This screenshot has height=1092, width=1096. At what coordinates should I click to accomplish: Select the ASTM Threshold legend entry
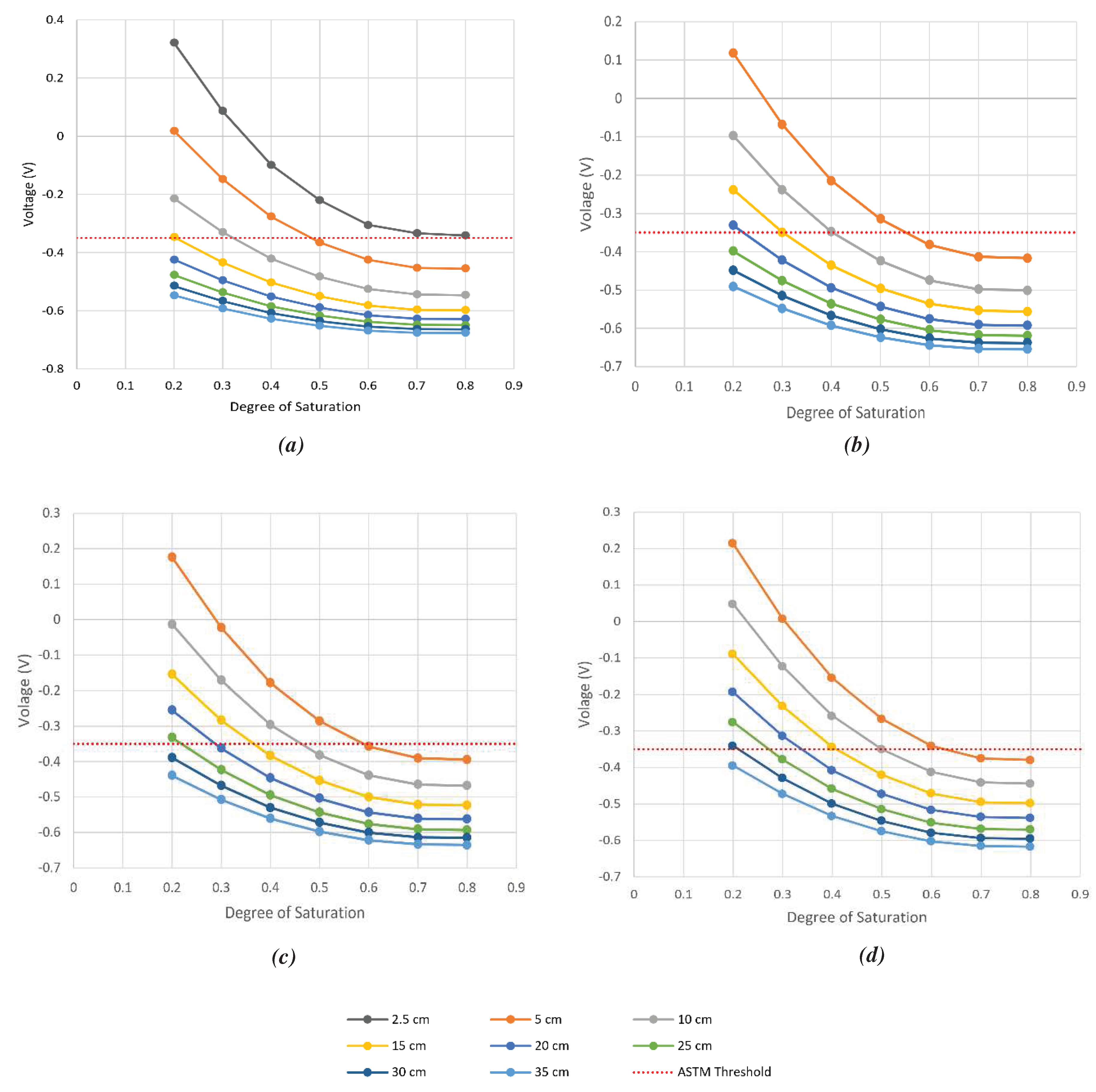[702, 1072]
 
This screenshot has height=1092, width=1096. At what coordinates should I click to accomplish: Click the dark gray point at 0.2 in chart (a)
[174, 43]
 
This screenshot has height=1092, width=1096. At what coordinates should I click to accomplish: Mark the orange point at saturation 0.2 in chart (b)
[733, 53]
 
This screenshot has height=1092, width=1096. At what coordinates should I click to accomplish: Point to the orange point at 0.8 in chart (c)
[467, 759]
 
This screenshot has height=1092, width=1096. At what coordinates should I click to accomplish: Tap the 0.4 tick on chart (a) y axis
[55, 20]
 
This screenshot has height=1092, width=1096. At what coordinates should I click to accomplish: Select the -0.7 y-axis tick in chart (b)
[611, 367]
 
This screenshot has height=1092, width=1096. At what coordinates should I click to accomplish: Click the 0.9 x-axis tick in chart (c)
[516, 887]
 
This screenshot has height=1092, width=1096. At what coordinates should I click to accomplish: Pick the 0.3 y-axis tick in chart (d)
[611, 512]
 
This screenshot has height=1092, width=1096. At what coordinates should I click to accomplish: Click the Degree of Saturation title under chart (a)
[295, 407]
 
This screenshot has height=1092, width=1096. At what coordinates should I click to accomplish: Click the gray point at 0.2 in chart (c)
[172, 624]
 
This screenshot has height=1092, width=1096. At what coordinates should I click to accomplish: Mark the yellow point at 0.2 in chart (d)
[732, 654]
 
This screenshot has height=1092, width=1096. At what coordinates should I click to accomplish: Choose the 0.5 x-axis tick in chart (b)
[880, 387]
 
